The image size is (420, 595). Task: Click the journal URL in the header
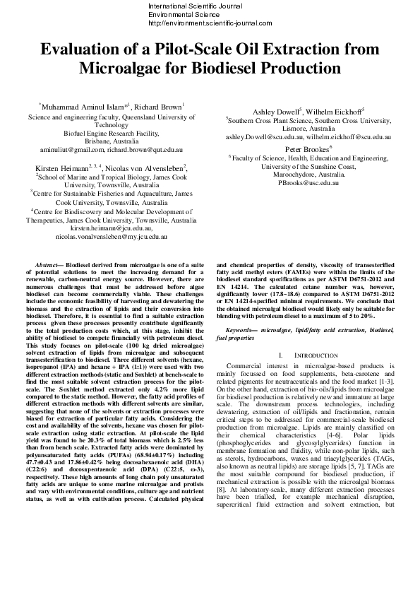click(210, 23)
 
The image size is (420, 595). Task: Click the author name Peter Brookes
click(307, 149)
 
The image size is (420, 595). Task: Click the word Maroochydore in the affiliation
click(295, 175)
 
